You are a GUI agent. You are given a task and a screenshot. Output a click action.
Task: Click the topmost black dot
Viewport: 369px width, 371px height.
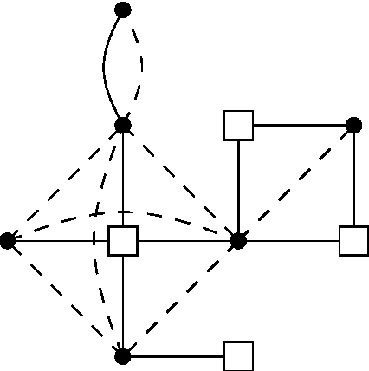[x=123, y=10]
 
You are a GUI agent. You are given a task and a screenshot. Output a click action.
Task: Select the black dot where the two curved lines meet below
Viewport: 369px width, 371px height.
[x=123, y=125]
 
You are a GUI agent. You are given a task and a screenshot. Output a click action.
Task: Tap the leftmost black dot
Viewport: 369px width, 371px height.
[x=8, y=240]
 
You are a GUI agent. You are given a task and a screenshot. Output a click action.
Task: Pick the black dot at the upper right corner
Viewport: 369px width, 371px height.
[x=353, y=125]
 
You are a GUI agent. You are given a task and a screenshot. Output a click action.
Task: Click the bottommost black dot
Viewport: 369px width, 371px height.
[x=123, y=355]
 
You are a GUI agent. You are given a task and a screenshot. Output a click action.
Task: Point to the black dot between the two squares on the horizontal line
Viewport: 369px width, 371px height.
[x=238, y=240]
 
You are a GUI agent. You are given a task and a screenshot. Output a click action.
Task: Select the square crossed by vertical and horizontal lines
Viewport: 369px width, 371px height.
[x=123, y=240]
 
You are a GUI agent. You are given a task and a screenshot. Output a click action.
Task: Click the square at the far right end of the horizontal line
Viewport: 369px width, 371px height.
[x=353, y=240]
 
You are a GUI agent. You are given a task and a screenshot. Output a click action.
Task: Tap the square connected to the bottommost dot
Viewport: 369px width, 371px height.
[x=238, y=355]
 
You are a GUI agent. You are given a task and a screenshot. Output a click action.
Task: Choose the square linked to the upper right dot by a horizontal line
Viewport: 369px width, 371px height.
[x=238, y=125]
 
